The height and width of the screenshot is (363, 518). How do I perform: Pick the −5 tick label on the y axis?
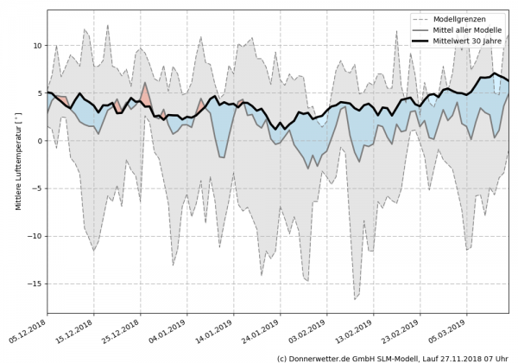point(37,188)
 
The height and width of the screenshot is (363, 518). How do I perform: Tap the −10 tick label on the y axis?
point(35,236)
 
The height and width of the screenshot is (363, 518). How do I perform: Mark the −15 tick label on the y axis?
point(35,283)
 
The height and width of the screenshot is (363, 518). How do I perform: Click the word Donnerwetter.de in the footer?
point(324,357)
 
